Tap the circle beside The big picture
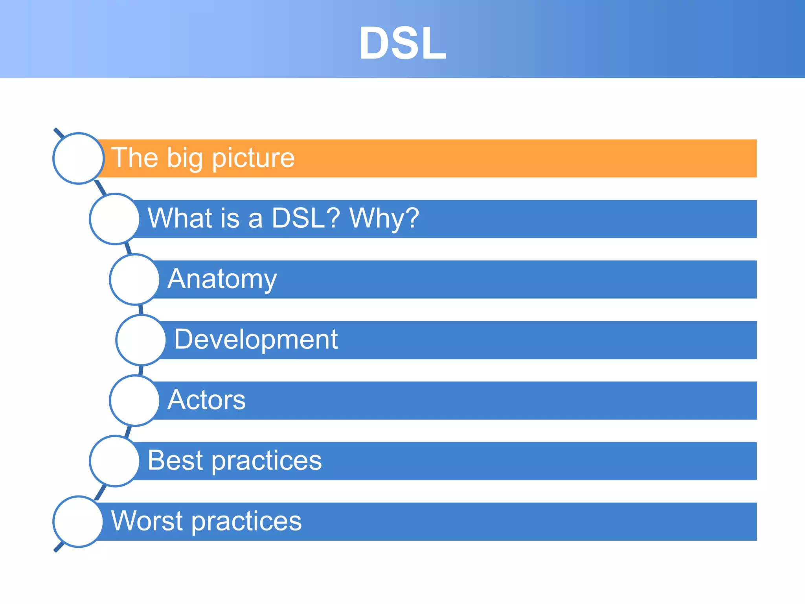point(79,158)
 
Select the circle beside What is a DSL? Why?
point(115,219)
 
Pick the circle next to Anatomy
point(135,280)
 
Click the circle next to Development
point(141,340)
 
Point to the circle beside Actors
point(135,401)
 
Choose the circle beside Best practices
point(115,461)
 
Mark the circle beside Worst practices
point(79,522)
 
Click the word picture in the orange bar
point(254,158)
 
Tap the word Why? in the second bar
point(384,219)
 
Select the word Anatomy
point(222,279)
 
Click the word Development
point(256,339)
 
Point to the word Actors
point(207,400)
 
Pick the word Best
point(175,460)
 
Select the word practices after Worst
point(247,521)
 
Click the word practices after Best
point(267,461)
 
